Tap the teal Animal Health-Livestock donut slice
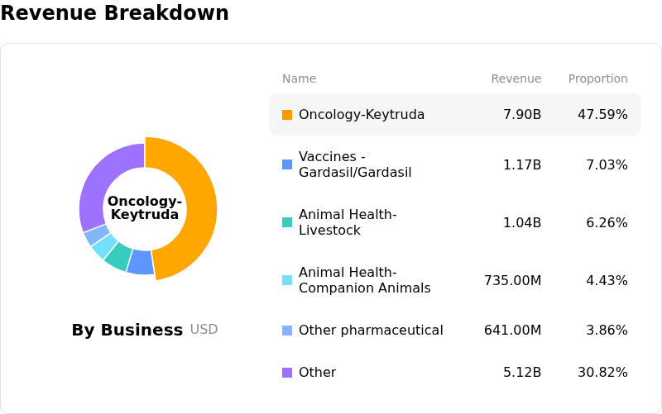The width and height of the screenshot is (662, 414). click(118, 256)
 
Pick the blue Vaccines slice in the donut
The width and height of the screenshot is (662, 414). click(141, 262)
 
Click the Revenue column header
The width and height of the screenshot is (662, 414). click(516, 79)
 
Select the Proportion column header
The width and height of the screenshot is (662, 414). click(597, 79)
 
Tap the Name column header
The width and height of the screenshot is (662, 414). click(299, 79)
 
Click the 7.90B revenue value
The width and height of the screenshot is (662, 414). click(522, 115)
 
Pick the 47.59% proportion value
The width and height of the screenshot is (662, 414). click(602, 115)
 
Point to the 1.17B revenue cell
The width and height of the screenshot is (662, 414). click(522, 164)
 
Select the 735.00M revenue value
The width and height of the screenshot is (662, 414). click(512, 280)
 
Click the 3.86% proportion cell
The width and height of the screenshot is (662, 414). click(607, 330)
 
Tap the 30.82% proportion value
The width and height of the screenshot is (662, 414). click(602, 372)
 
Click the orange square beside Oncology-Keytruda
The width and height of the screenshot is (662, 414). click(287, 115)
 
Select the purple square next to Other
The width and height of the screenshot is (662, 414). click(287, 372)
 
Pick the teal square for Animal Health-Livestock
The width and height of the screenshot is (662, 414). click(287, 222)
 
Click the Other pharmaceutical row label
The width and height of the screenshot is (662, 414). click(371, 330)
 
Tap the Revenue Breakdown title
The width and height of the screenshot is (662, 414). click(114, 12)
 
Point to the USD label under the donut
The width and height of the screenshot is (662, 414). click(204, 329)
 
